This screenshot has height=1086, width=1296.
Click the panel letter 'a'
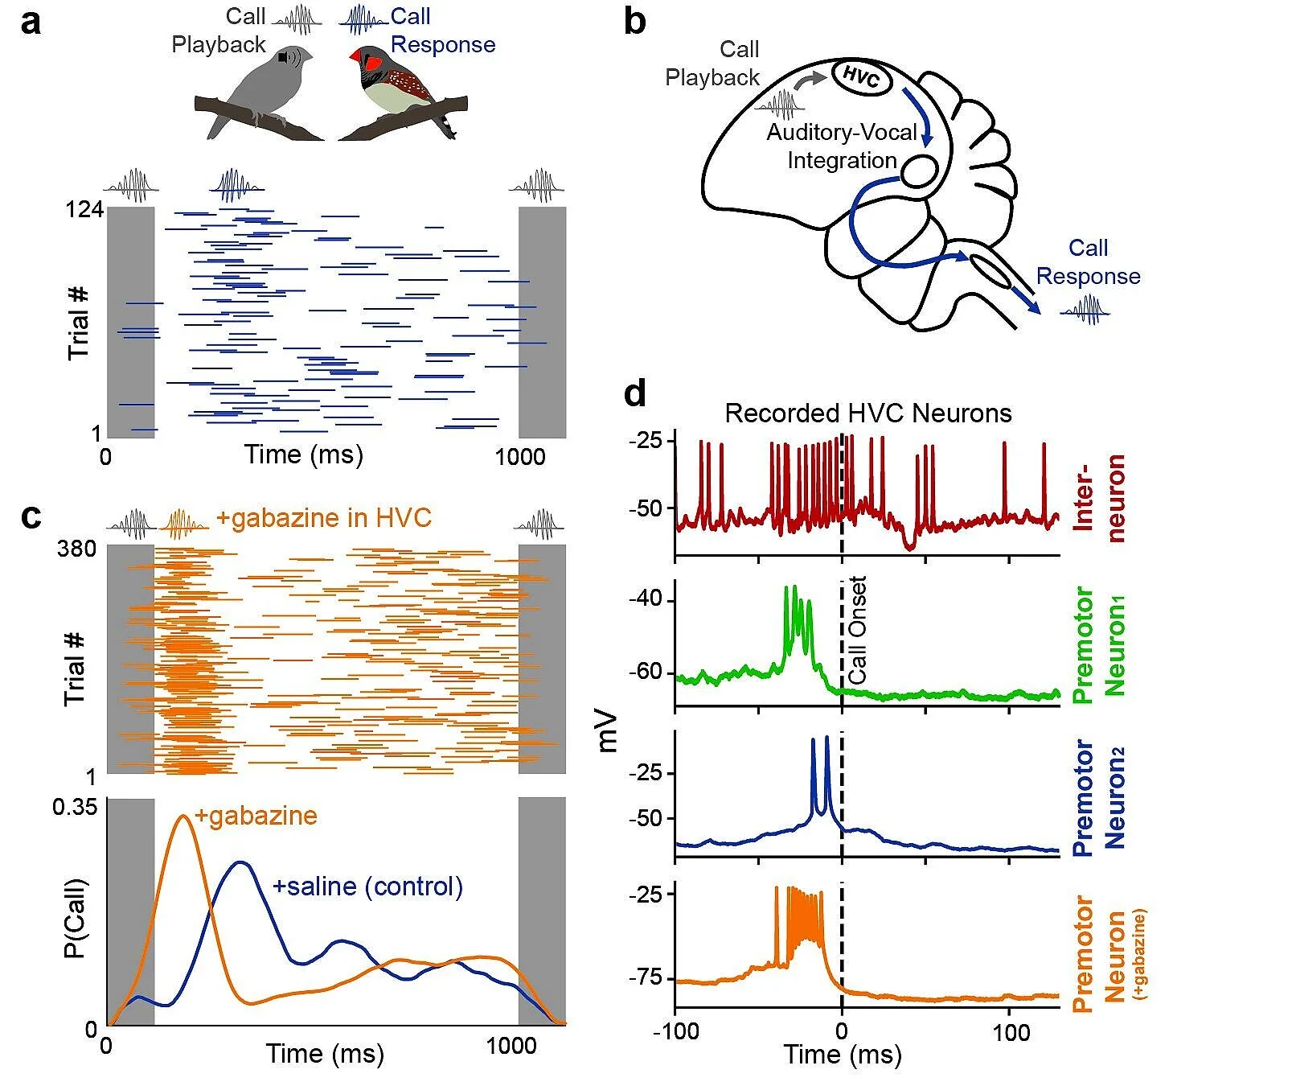tap(31, 23)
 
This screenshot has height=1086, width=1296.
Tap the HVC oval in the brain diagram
tap(861, 78)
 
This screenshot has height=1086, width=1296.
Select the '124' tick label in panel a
tap(84, 209)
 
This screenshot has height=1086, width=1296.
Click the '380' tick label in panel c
tap(77, 549)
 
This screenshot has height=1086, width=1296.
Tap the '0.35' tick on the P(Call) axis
tap(75, 807)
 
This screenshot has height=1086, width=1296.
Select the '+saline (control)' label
tap(368, 886)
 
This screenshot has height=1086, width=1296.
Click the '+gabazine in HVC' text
tap(324, 518)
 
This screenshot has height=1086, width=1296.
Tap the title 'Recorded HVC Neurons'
tap(867, 413)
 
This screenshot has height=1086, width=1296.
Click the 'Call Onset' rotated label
tap(858, 630)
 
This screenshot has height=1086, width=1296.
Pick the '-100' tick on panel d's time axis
tap(675, 1031)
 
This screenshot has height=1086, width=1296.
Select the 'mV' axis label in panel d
tap(609, 730)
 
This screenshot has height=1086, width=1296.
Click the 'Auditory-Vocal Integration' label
tap(842, 146)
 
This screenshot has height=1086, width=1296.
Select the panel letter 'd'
tap(635, 393)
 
